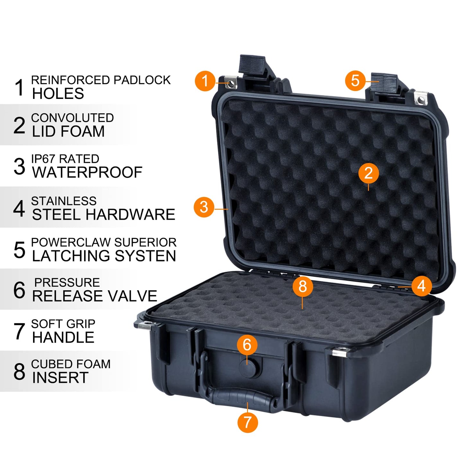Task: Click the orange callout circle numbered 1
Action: click(205, 81)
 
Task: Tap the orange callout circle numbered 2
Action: click(368, 173)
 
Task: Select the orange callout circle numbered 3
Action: click(204, 207)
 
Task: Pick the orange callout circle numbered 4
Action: click(421, 285)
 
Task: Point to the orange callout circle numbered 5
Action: click(355, 80)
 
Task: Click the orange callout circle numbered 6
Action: click(247, 345)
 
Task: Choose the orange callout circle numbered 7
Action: click(248, 422)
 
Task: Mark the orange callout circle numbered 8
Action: click(302, 286)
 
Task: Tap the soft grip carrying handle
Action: click(241, 398)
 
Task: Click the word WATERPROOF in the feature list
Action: click(87, 172)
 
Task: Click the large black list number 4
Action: click(19, 208)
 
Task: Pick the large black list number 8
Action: click(19, 372)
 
